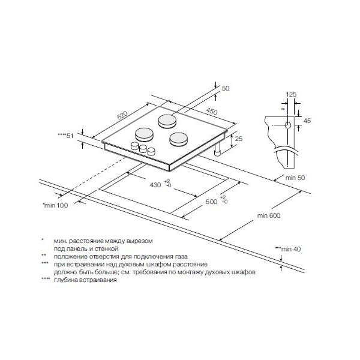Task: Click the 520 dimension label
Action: (x=122, y=115)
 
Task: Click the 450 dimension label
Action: (x=212, y=111)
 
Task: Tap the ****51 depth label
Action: (x=65, y=136)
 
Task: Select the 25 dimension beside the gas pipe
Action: (x=239, y=139)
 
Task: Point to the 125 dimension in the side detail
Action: (x=291, y=94)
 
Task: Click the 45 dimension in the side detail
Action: (x=307, y=121)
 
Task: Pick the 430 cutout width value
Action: (x=155, y=185)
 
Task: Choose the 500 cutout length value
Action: (x=211, y=202)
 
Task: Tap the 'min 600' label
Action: (x=269, y=215)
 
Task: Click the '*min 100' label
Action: (x=55, y=205)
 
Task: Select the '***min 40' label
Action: (x=287, y=249)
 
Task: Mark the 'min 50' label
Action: (x=295, y=178)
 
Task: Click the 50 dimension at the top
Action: (x=226, y=88)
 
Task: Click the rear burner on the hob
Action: (x=167, y=121)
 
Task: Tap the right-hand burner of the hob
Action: (x=179, y=140)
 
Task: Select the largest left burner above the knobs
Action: (x=144, y=135)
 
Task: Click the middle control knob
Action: (x=143, y=149)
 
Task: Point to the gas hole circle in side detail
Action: (x=288, y=125)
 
